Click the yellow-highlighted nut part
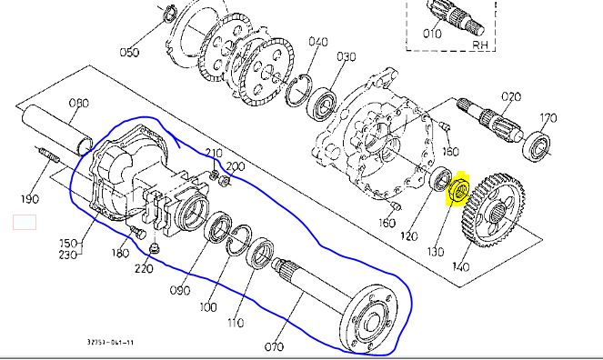click(x=458, y=189)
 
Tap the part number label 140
click(x=461, y=266)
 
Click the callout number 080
click(x=79, y=103)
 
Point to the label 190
click(x=30, y=199)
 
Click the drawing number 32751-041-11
click(x=110, y=342)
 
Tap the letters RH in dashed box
click(x=480, y=45)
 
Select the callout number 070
click(x=274, y=347)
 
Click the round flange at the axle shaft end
click(x=368, y=318)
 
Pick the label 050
click(x=129, y=52)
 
